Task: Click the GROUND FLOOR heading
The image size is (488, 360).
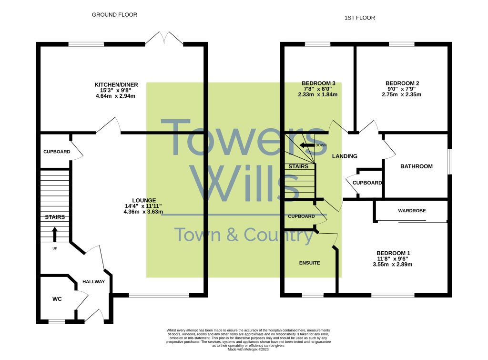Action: pos(114,15)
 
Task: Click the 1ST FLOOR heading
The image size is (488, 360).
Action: pos(360,18)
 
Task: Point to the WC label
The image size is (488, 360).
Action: pos(57,299)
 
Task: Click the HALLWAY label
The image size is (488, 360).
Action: pos(93,282)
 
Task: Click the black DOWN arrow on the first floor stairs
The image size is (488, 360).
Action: pos(307,145)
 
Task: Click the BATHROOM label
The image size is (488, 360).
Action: pos(416,166)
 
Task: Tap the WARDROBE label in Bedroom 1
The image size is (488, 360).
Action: pos(412,211)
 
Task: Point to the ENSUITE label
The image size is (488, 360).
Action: pos(309,263)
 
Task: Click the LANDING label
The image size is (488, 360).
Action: pos(344,156)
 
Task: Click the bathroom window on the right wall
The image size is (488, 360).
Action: pos(449,162)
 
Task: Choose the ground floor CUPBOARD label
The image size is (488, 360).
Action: pos(57,152)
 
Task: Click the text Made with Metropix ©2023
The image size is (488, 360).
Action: pos(248,350)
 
